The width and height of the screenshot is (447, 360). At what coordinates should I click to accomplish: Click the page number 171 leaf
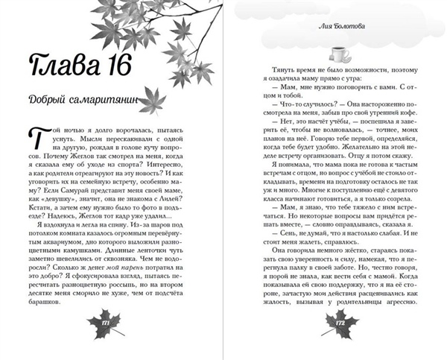coord(104,320)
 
